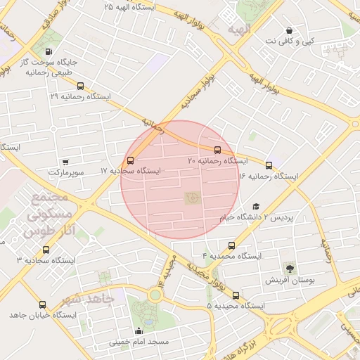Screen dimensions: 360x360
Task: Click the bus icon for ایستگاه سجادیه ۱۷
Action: [x=131, y=160]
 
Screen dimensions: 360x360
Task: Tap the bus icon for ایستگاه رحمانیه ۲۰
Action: [x=217, y=150]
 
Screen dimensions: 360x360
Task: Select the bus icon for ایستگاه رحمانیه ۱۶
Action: [x=269, y=165]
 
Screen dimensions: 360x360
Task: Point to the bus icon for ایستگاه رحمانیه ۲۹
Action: [x=80, y=86]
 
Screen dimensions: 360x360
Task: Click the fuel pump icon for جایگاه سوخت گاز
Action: [x=48, y=51]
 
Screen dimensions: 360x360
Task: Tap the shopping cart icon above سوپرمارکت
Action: [x=65, y=162]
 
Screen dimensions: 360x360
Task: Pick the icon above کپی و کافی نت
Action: [x=290, y=30]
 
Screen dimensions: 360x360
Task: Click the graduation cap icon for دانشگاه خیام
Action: [x=256, y=206]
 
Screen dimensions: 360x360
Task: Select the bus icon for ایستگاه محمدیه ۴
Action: [x=231, y=245]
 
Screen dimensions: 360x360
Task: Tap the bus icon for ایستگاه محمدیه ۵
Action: [x=236, y=295]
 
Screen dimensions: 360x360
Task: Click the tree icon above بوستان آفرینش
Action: [x=290, y=268]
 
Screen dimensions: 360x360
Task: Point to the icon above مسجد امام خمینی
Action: [x=139, y=331]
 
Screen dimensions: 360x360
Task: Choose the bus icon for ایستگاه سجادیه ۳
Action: [x=46, y=250]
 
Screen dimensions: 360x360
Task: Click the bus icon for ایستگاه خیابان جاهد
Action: [x=43, y=304]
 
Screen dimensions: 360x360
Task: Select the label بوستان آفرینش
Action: [x=288, y=280]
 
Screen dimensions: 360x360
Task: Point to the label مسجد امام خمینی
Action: [x=139, y=343]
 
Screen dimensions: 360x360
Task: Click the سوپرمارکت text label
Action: [x=66, y=172]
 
